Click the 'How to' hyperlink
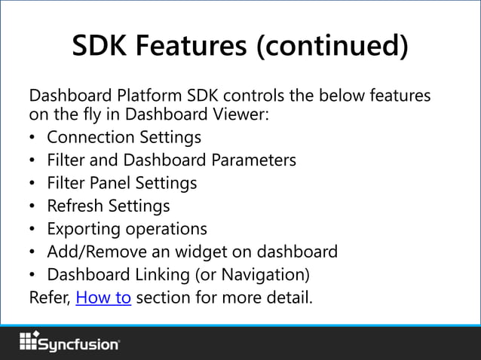pos(104,297)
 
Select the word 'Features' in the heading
pos(194,47)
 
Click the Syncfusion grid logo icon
pos(29,341)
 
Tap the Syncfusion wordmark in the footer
pos(78,344)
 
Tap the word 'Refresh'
pos(76,206)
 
